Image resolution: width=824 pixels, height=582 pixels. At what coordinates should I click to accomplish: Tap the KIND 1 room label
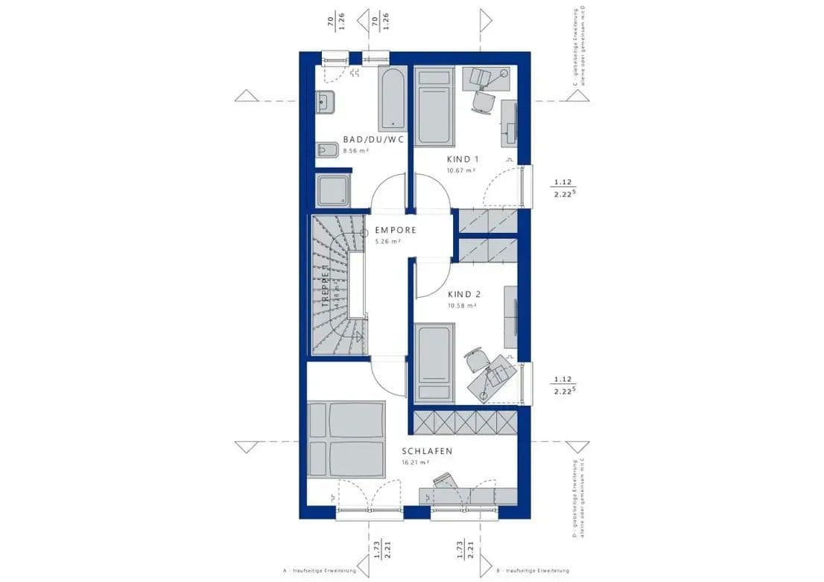463,159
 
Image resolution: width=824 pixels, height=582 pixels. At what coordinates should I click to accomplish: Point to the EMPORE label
395,230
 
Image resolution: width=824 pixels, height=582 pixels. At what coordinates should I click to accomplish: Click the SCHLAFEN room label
427,451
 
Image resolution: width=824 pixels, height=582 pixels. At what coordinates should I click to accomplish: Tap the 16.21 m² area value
416,462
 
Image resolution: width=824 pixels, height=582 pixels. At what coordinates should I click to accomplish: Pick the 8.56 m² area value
355,150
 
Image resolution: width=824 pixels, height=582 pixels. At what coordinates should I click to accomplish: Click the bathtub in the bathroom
392,100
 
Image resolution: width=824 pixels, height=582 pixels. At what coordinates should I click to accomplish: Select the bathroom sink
325,102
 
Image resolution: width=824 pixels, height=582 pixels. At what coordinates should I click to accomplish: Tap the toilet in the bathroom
326,151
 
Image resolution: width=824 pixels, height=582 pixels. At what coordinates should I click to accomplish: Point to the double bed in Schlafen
346,439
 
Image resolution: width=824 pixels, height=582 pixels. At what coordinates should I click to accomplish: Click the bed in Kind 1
434,106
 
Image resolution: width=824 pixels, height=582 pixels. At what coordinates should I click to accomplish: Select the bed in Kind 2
434,362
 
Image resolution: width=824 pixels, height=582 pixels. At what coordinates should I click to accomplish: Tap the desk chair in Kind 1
485,101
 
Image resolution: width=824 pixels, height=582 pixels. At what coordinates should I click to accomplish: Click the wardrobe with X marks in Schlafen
463,423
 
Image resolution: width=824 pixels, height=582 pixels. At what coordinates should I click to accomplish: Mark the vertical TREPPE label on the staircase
326,292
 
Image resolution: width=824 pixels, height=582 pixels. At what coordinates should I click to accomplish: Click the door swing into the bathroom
389,195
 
